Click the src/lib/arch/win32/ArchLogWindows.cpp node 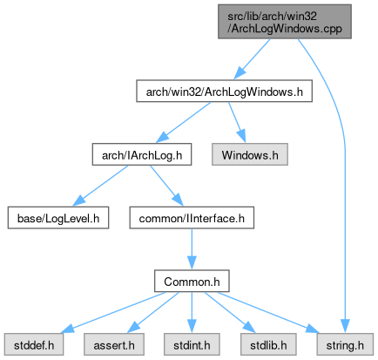pyautogui.click(x=285, y=22)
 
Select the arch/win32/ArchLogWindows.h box pyautogui.click(x=225, y=92)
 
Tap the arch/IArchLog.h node pyautogui.click(x=142, y=154)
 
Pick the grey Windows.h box pyautogui.click(x=250, y=154)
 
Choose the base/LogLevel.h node pyautogui.click(x=58, y=218)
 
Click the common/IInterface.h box pyautogui.click(x=192, y=218)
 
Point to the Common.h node pyautogui.click(x=192, y=282)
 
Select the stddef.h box pyautogui.click(x=34, y=344)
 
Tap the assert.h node pyautogui.click(x=114, y=344)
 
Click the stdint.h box pyautogui.click(x=192, y=344)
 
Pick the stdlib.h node pyautogui.click(x=268, y=344)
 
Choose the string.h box pyautogui.click(x=345, y=344)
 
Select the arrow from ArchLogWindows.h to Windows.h pyautogui.click(x=237, y=122)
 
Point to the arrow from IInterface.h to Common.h pyautogui.click(x=192, y=249)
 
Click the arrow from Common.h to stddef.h pyautogui.click(x=113, y=312)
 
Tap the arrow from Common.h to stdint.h pyautogui.click(x=192, y=313)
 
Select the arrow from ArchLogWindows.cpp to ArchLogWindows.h pyautogui.click(x=252, y=58)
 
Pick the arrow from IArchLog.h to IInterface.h pyautogui.click(x=166, y=186)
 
